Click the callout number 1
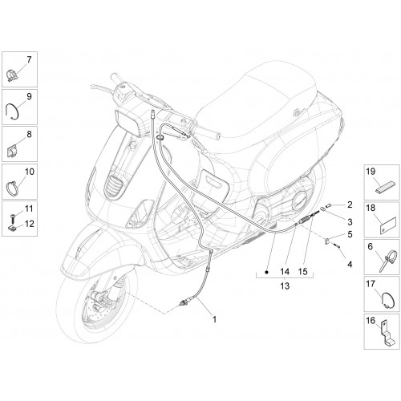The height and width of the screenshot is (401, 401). [x=214, y=319]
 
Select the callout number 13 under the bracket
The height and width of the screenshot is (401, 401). [x=285, y=286]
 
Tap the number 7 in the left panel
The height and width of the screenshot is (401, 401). [x=29, y=59]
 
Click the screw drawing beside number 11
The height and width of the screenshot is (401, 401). [x=13, y=218]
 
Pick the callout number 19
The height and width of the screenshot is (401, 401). [x=371, y=172]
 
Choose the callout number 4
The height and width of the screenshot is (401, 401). [x=350, y=265]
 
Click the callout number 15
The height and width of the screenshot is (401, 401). [x=302, y=272]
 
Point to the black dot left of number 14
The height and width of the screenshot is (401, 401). [x=266, y=273]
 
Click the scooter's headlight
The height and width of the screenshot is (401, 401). [x=128, y=122]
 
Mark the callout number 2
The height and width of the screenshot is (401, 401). [x=350, y=205]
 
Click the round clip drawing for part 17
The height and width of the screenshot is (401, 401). [x=383, y=300]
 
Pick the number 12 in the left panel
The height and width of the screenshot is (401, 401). [x=29, y=224]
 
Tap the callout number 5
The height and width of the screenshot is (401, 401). [x=350, y=234]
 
